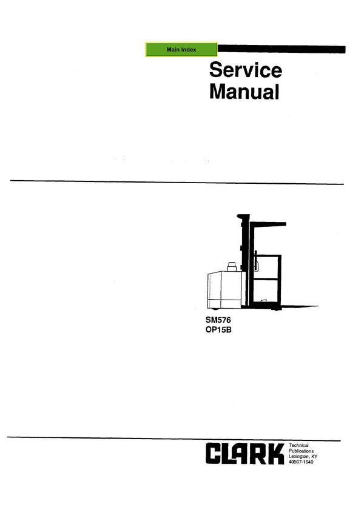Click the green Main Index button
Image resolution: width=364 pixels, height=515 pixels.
pos(181,50)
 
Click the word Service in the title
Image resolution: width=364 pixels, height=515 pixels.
pos(246,70)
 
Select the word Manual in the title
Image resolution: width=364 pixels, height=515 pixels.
pos(244,92)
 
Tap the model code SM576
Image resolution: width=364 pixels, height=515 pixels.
pos(218,320)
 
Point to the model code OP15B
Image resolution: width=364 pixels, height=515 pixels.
pos(218,330)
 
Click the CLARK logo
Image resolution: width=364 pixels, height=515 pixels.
pos(245,454)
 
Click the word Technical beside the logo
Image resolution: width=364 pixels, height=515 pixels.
pos(298,445)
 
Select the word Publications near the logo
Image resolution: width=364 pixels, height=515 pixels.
pos(302,451)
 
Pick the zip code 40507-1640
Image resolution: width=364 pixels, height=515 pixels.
pos(301,462)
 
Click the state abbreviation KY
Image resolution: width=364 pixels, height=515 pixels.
pos(314,457)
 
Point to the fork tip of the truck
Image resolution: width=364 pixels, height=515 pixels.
pos(317,306)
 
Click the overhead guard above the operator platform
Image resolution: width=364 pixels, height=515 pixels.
pos(268,224)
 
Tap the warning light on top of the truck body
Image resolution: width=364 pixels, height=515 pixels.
pos(232,266)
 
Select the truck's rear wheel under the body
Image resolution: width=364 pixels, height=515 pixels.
pos(215,309)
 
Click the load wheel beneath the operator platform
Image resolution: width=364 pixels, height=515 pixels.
pos(276,309)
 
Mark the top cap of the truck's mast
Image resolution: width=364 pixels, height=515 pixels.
pos(243,217)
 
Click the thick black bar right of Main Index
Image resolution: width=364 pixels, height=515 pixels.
pos(281,49)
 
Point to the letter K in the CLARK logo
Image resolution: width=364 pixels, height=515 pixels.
pos(277,454)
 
